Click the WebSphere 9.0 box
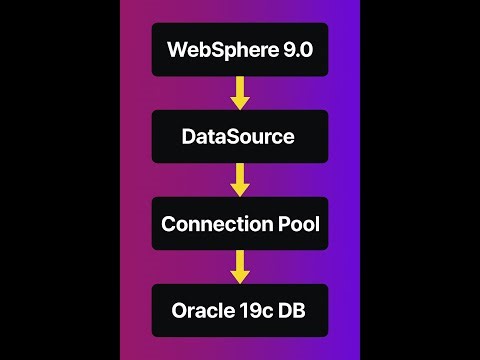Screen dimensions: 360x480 coord(240,49)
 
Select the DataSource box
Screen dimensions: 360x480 coord(240,136)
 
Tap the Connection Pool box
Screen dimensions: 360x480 coord(240,223)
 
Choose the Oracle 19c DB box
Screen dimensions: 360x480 coord(240,310)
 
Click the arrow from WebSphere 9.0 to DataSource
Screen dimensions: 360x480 coord(240,93)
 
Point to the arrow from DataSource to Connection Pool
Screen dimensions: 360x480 coord(240,180)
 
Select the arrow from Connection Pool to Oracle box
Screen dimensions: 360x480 coord(240,267)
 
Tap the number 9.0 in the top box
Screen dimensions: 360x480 coord(295,49)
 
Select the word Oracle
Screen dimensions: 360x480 coord(201,310)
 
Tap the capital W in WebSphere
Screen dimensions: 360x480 coord(177,49)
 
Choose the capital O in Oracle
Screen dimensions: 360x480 coord(175,310)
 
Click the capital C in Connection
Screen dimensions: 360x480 coord(169,223)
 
